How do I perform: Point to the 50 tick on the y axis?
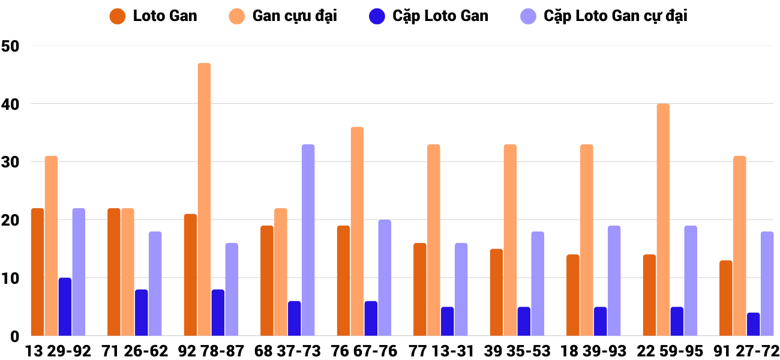11,46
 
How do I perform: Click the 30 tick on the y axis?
11,162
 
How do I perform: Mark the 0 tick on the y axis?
14,337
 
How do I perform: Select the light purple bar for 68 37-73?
308,240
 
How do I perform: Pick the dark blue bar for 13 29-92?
65,307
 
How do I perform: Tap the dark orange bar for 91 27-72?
725,298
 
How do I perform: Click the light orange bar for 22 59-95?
663,220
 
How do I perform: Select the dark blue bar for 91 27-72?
753,324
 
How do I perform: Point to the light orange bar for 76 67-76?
357,231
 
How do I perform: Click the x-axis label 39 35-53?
517,350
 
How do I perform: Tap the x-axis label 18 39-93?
593,350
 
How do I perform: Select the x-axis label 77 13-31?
440,350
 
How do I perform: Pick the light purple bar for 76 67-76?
385,278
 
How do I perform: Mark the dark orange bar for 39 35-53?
496,292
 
